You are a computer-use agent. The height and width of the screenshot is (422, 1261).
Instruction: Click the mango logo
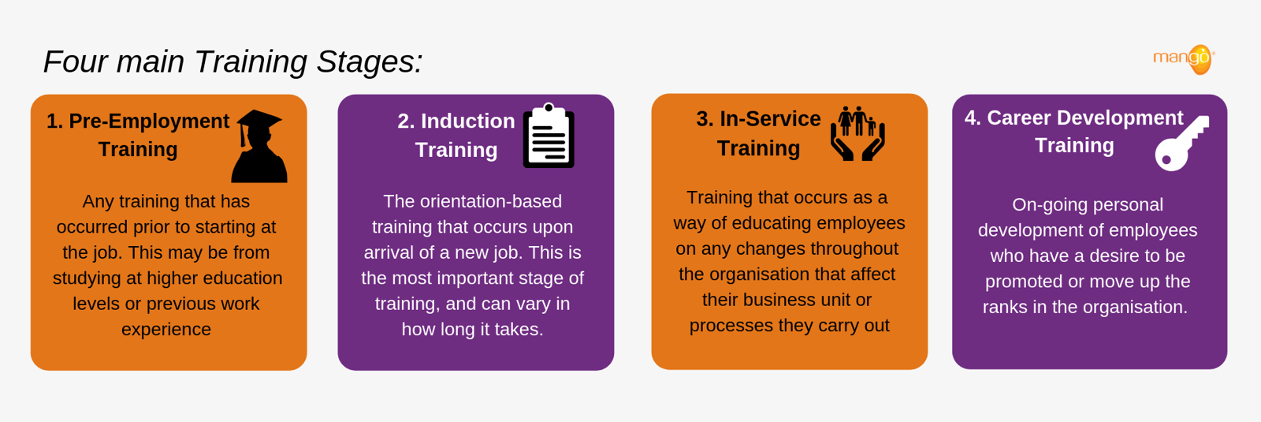1185,59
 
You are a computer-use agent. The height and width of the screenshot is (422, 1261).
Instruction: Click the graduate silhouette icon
260,148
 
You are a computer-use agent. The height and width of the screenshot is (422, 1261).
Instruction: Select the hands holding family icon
857,134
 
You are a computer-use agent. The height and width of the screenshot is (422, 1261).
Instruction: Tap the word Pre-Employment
149,121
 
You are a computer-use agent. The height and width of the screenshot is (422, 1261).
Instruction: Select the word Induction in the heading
467,121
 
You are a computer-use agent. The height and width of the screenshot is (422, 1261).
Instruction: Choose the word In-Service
770,118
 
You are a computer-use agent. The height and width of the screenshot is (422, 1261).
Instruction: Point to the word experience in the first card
166,329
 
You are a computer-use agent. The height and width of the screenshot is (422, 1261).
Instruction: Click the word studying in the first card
87,278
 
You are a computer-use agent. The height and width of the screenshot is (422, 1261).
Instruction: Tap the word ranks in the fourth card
1005,307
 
